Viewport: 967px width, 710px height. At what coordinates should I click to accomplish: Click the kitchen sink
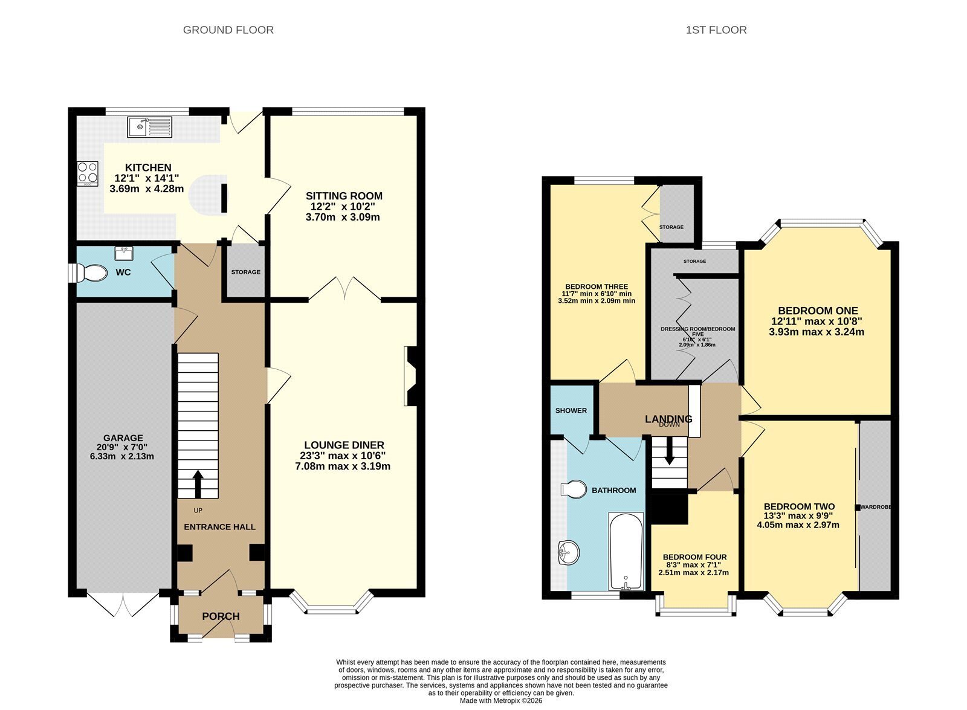click(149, 127)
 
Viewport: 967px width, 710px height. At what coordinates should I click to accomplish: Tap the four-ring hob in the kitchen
click(88, 173)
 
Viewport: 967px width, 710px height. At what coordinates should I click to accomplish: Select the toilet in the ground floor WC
click(89, 273)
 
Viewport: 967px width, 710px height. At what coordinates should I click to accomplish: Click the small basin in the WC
click(124, 253)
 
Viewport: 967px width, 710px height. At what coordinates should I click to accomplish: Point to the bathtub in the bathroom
click(626, 551)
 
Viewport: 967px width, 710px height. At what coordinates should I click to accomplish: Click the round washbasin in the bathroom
click(569, 552)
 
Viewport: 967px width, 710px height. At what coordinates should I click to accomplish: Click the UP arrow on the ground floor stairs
click(198, 484)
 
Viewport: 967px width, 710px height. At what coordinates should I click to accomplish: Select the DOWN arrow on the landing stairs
click(668, 451)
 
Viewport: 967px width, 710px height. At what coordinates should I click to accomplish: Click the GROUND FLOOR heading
click(228, 30)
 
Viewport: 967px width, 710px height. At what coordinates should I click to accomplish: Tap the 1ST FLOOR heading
click(716, 30)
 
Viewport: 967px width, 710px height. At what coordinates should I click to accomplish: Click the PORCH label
click(221, 616)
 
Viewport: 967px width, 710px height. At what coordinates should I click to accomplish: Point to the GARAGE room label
click(123, 437)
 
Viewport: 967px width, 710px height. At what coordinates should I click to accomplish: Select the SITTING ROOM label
click(344, 196)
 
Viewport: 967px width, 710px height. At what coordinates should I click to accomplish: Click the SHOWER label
click(571, 410)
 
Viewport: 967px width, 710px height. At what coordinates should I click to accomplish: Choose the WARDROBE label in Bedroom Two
click(876, 507)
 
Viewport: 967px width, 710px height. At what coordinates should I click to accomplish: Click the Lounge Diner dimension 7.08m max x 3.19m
click(343, 466)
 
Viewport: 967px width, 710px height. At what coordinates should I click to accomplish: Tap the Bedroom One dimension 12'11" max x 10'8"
click(817, 321)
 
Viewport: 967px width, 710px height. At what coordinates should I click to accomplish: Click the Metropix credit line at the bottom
click(501, 700)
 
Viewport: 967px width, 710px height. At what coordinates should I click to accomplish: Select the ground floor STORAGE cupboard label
click(245, 272)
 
